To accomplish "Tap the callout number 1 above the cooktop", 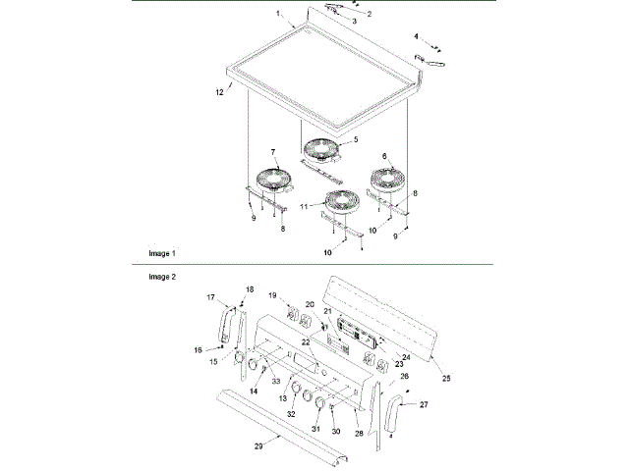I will [278, 15].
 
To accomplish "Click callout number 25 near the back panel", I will [446, 378].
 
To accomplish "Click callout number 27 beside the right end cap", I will [425, 403].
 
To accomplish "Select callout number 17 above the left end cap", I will [211, 296].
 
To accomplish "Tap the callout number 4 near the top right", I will [417, 36].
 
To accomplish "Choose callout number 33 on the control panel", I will [276, 381].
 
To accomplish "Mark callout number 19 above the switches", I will [273, 294].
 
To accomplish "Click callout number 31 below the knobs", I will [316, 429].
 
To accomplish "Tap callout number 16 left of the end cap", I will [198, 348].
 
